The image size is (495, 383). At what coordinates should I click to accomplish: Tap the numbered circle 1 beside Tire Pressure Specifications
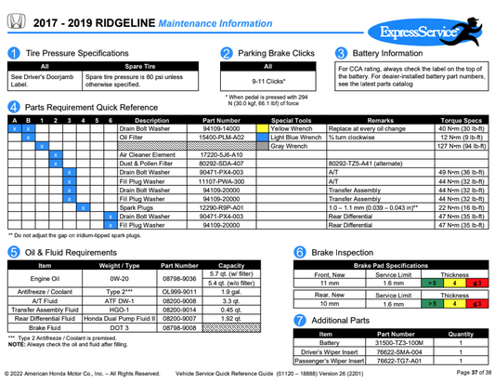tap(13, 54)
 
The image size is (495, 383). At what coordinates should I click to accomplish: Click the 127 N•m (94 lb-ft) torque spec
tap(463, 146)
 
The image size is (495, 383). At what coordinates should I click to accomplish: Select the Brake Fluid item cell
tap(44, 327)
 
